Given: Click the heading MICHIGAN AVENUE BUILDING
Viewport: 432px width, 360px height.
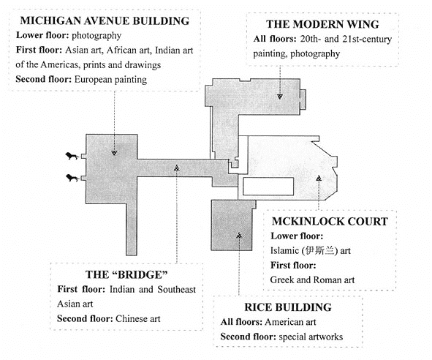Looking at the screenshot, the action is [105, 21].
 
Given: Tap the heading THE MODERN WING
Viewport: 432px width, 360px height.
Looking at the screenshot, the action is [322, 24].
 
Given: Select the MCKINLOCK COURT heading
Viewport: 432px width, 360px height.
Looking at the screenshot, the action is [330, 222].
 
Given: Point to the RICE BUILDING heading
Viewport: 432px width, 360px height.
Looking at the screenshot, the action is [288, 307].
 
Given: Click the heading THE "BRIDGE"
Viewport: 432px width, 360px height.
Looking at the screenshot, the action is [126, 275].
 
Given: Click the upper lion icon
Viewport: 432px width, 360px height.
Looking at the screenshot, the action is [72, 156].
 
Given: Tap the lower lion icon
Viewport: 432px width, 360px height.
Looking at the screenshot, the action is [72, 179].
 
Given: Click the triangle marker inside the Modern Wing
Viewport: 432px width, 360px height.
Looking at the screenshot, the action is [280, 97].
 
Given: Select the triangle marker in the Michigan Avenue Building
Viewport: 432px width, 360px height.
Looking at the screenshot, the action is [114, 152].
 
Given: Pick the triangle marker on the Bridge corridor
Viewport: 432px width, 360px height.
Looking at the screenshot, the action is [177, 168].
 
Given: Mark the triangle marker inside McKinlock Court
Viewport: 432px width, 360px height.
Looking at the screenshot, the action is [319, 179].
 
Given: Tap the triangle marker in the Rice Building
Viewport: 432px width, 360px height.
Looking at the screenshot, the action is [239, 236].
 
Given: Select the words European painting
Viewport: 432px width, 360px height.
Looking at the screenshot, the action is [110, 80].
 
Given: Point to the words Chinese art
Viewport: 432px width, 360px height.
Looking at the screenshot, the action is [137, 319].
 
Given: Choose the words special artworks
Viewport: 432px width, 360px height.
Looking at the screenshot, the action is [311, 337].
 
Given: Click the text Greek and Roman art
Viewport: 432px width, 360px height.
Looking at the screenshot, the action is [312, 280].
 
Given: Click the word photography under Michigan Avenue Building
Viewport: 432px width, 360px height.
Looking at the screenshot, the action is [96, 36].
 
